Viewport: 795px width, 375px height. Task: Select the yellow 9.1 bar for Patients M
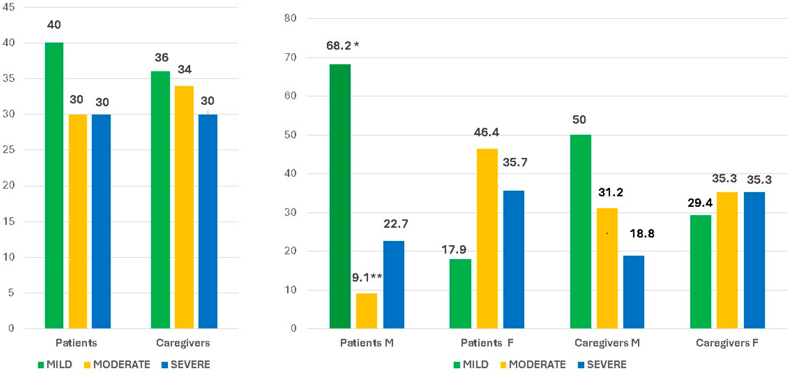click(x=366, y=310)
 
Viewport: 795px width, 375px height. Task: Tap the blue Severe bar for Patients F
click(x=514, y=259)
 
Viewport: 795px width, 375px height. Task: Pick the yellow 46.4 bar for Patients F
click(x=487, y=239)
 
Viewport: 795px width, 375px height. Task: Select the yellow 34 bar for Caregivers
click(x=184, y=207)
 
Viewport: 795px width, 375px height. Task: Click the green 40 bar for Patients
click(x=54, y=185)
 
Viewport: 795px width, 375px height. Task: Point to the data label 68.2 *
click(x=342, y=46)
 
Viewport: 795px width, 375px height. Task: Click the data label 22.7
click(x=396, y=224)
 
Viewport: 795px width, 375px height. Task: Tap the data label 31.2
click(x=610, y=192)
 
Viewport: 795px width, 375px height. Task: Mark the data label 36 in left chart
click(x=161, y=57)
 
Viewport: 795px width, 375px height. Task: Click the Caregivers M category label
click(x=607, y=343)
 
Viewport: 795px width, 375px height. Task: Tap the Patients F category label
click(x=487, y=343)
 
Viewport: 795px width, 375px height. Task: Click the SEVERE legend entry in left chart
click(x=186, y=365)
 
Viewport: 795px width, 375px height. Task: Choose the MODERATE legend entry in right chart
click(x=533, y=365)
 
